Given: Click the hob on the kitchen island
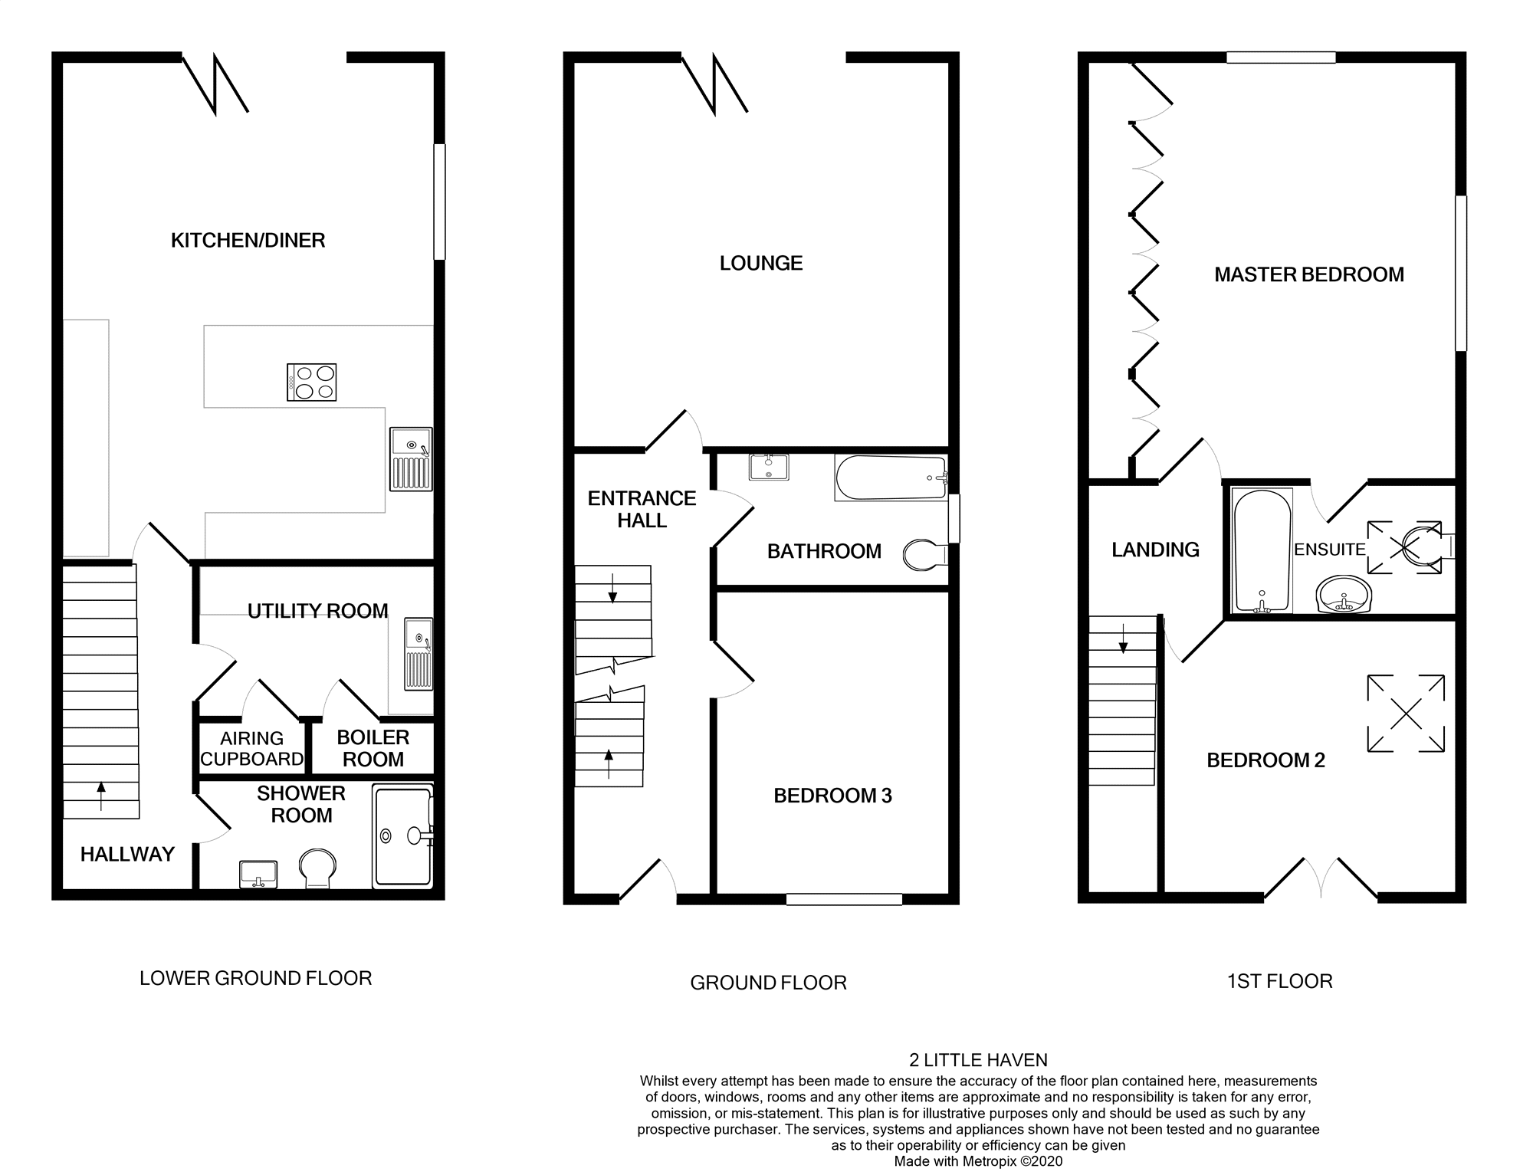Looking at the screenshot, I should pyautogui.click(x=311, y=382).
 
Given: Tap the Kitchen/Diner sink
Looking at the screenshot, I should pyautogui.click(x=411, y=458).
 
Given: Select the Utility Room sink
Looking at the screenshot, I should pyautogui.click(x=419, y=653).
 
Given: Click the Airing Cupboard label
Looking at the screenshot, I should pyautogui.click(x=251, y=749).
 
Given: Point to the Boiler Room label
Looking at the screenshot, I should pyautogui.click(x=373, y=748).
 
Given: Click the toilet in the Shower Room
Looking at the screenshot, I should pyautogui.click(x=317, y=868).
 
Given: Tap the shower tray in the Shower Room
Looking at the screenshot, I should pyautogui.click(x=403, y=835).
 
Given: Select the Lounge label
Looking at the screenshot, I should pyautogui.click(x=761, y=264).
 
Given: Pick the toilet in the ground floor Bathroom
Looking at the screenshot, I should pyautogui.click(x=924, y=555).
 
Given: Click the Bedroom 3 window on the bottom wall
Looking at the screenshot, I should pyautogui.click(x=844, y=899).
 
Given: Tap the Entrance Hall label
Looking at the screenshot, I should pyautogui.click(x=642, y=509).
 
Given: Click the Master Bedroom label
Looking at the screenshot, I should pyautogui.click(x=1309, y=274).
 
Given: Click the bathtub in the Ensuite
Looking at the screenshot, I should pyautogui.click(x=1262, y=550).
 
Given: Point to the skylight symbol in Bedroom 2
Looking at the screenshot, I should pyautogui.click(x=1406, y=714).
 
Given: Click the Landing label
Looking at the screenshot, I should pyautogui.click(x=1155, y=550).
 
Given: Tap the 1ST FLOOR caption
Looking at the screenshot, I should pyautogui.click(x=1279, y=981).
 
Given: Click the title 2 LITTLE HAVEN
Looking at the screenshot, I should pyautogui.click(x=978, y=1060).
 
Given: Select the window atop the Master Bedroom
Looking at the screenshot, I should pyautogui.click(x=1281, y=57).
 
